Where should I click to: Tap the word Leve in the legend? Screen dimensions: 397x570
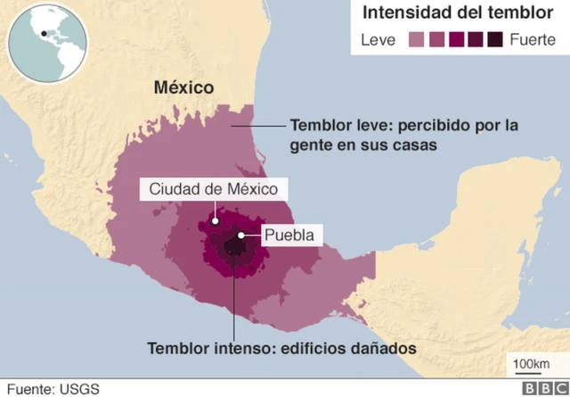coord(379,39)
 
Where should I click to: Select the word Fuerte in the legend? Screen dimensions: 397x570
coord(533,39)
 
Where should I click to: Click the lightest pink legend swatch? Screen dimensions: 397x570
coord(417,39)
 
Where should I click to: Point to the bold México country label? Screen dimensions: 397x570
coord(184,87)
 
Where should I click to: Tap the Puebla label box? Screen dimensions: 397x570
coord(289,236)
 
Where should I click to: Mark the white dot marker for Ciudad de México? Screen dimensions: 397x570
coord(215,218)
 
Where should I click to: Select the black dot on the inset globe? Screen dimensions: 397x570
coord(42,34)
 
